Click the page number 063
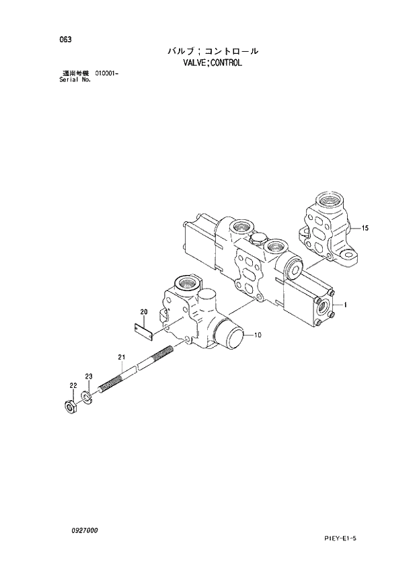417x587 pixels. [65, 39]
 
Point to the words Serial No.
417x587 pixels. [75, 79]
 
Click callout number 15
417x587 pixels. [365, 229]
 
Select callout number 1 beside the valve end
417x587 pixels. [344, 305]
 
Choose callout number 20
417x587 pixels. [143, 311]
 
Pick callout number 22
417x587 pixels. [73, 385]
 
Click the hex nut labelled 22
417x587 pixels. [68, 406]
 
